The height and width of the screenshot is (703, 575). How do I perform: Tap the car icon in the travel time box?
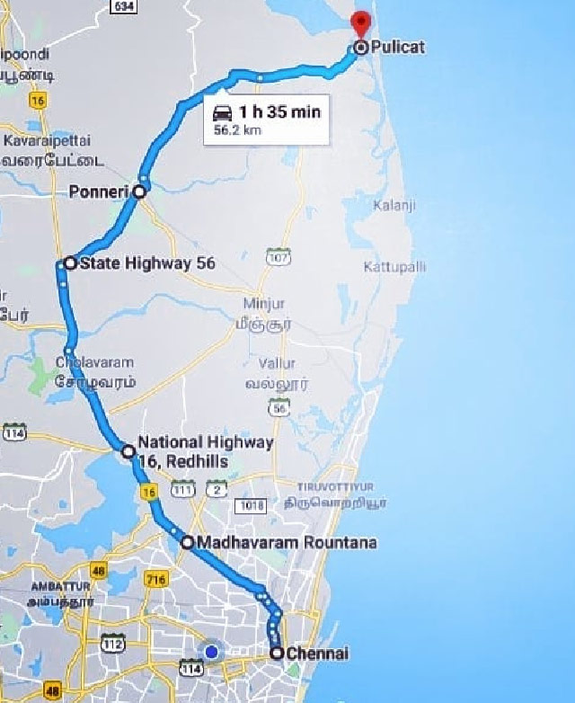point(222,112)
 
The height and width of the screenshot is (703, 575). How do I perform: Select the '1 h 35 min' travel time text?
point(279,112)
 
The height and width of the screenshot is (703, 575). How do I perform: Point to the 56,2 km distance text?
point(238,130)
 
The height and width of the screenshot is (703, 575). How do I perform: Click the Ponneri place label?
point(99,191)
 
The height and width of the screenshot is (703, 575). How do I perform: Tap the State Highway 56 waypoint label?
point(147,263)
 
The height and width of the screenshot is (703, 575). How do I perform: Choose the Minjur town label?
point(264,304)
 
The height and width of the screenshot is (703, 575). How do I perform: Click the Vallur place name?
point(277,363)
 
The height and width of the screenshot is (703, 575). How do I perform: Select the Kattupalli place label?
point(395,267)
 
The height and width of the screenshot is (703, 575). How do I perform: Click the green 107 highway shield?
point(279,257)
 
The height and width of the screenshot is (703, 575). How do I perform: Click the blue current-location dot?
point(212,651)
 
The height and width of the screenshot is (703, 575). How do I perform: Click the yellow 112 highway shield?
point(113,644)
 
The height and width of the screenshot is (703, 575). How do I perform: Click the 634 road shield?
point(125,6)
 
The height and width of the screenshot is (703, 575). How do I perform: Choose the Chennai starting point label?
point(316,654)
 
